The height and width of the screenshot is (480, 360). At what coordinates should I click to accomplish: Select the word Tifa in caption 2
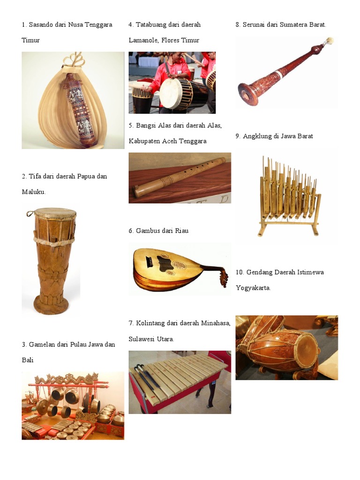tap(35, 176)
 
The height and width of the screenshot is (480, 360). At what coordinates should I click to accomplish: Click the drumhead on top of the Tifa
tap(55, 213)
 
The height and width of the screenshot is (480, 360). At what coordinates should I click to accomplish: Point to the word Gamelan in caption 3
tap(42, 345)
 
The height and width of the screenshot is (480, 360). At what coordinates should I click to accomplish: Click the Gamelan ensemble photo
tap(73, 405)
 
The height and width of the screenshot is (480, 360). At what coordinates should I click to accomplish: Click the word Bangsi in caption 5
tap(146, 126)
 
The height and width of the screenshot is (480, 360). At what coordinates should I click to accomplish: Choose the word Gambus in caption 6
tap(147, 231)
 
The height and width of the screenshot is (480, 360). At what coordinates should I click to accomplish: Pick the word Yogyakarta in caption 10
tap(253, 288)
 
